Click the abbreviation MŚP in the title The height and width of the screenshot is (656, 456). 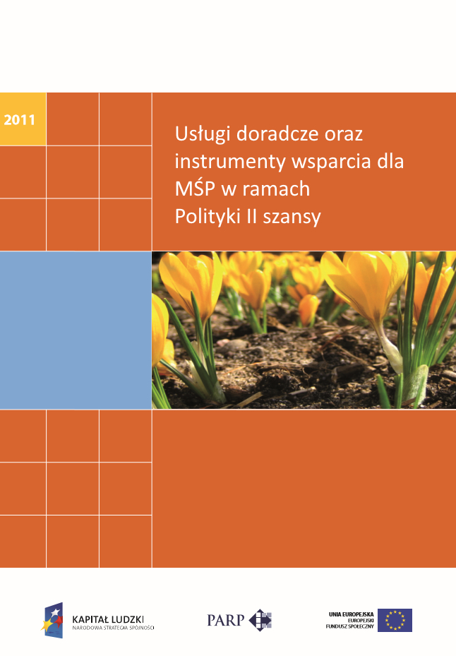click(x=193, y=189)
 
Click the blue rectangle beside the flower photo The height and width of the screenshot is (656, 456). click(x=76, y=330)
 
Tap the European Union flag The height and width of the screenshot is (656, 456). click(x=395, y=619)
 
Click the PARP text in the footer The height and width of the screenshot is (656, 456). click(x=225, y=620)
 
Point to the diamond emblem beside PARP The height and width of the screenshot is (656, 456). click(x=261, y=619)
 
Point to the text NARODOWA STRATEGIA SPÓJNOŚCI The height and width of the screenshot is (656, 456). click(x=113, y=627)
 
